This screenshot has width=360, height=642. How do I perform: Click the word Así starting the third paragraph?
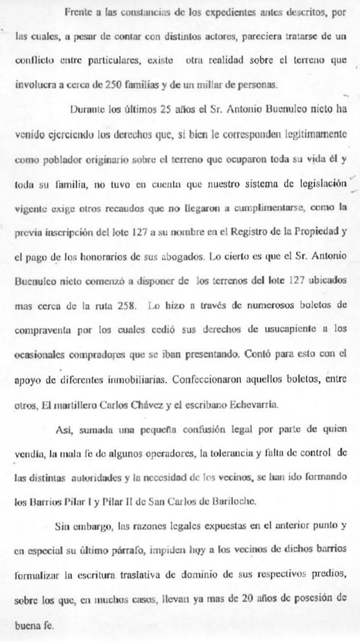tap(63, 428)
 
